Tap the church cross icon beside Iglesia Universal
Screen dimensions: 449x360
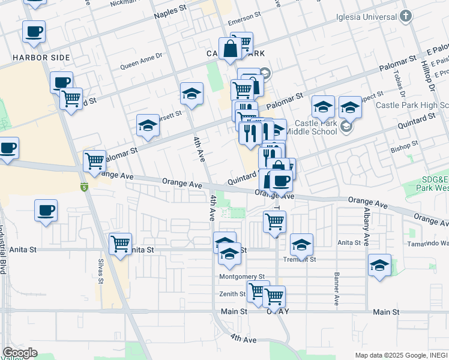(406, 16)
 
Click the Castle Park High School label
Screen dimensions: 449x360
(412, 105)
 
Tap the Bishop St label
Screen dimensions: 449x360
(404, 146)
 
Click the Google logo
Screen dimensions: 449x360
(20, 353)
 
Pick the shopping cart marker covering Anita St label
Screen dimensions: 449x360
(121, 244)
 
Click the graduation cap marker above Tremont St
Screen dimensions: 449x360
(302, 244)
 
